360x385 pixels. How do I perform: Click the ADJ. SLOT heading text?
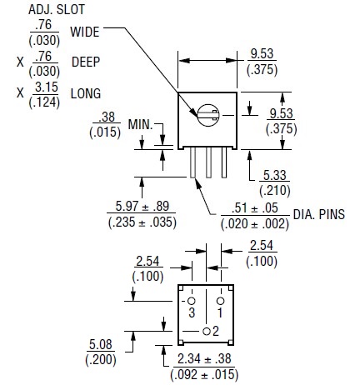(57, 10)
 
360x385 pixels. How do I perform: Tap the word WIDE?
(85, 32)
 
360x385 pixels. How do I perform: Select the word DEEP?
(86, 62)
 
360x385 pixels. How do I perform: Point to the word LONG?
(86, 93)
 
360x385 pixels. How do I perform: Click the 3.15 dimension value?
(47, 87)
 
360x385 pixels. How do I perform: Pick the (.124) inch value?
(44, 102)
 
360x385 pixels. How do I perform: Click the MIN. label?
(140, 125)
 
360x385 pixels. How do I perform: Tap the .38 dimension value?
(107, 117)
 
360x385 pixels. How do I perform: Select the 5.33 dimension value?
(275, 175)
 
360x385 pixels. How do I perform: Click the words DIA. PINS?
(319, 214)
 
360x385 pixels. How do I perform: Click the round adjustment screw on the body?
(207, 115)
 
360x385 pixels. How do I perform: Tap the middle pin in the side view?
(208, 162)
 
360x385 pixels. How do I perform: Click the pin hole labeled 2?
(207, 331)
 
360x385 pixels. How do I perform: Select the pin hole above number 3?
(192, 301)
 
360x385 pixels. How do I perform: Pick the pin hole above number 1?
(221, 301)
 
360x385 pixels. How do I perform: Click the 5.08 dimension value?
(101, 344)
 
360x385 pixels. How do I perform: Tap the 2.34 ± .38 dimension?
(204, 358)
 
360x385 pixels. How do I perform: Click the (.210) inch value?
(275, 191)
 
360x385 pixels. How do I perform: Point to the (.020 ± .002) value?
(255, 224)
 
